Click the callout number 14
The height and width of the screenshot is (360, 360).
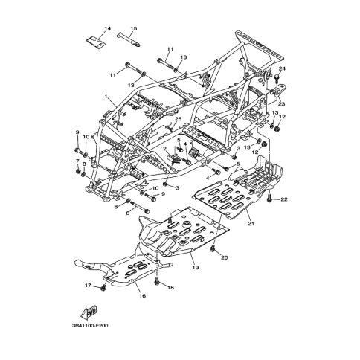click(107, 28)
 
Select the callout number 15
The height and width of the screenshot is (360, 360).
click(133, 28)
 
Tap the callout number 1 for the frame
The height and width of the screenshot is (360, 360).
click(106, 96)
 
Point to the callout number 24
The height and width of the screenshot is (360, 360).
click(282, 68)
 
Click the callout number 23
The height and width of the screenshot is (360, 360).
click(282, 104)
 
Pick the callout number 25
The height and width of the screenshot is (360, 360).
click(178, 119)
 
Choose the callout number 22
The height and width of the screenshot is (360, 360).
click(284, 199)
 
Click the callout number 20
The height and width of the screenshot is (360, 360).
click(224, 257)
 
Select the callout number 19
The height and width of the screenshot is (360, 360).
click(196, 268)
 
